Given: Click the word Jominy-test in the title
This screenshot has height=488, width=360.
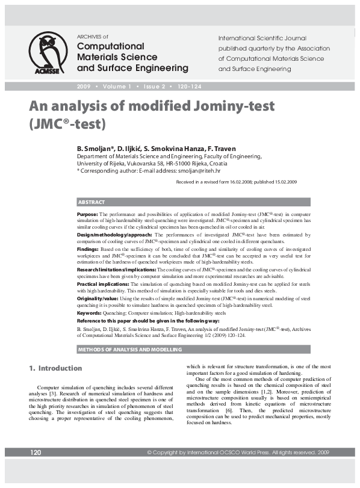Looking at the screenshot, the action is point(219,107).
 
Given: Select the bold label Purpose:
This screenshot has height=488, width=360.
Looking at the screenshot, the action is point(88,214).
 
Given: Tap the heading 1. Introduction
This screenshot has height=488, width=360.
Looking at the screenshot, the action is point(56,368).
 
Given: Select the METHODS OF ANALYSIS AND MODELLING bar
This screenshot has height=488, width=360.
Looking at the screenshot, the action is point(123,349).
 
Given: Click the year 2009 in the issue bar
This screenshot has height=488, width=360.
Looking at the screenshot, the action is point(84,87).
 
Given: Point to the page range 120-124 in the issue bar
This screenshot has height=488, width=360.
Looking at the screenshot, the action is point(189,87).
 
